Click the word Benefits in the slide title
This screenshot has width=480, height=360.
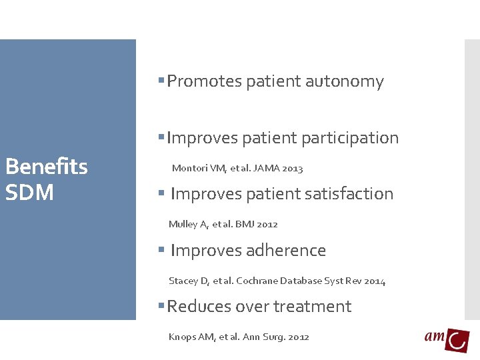(46, 166)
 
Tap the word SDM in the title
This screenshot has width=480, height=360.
(29, 193)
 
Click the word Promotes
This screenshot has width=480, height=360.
(204, 81)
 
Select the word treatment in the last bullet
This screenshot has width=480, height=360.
(312, 307)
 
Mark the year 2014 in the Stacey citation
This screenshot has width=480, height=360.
(374, 281)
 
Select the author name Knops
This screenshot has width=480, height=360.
(182, 337)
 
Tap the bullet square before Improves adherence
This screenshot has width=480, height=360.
(161, 250)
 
